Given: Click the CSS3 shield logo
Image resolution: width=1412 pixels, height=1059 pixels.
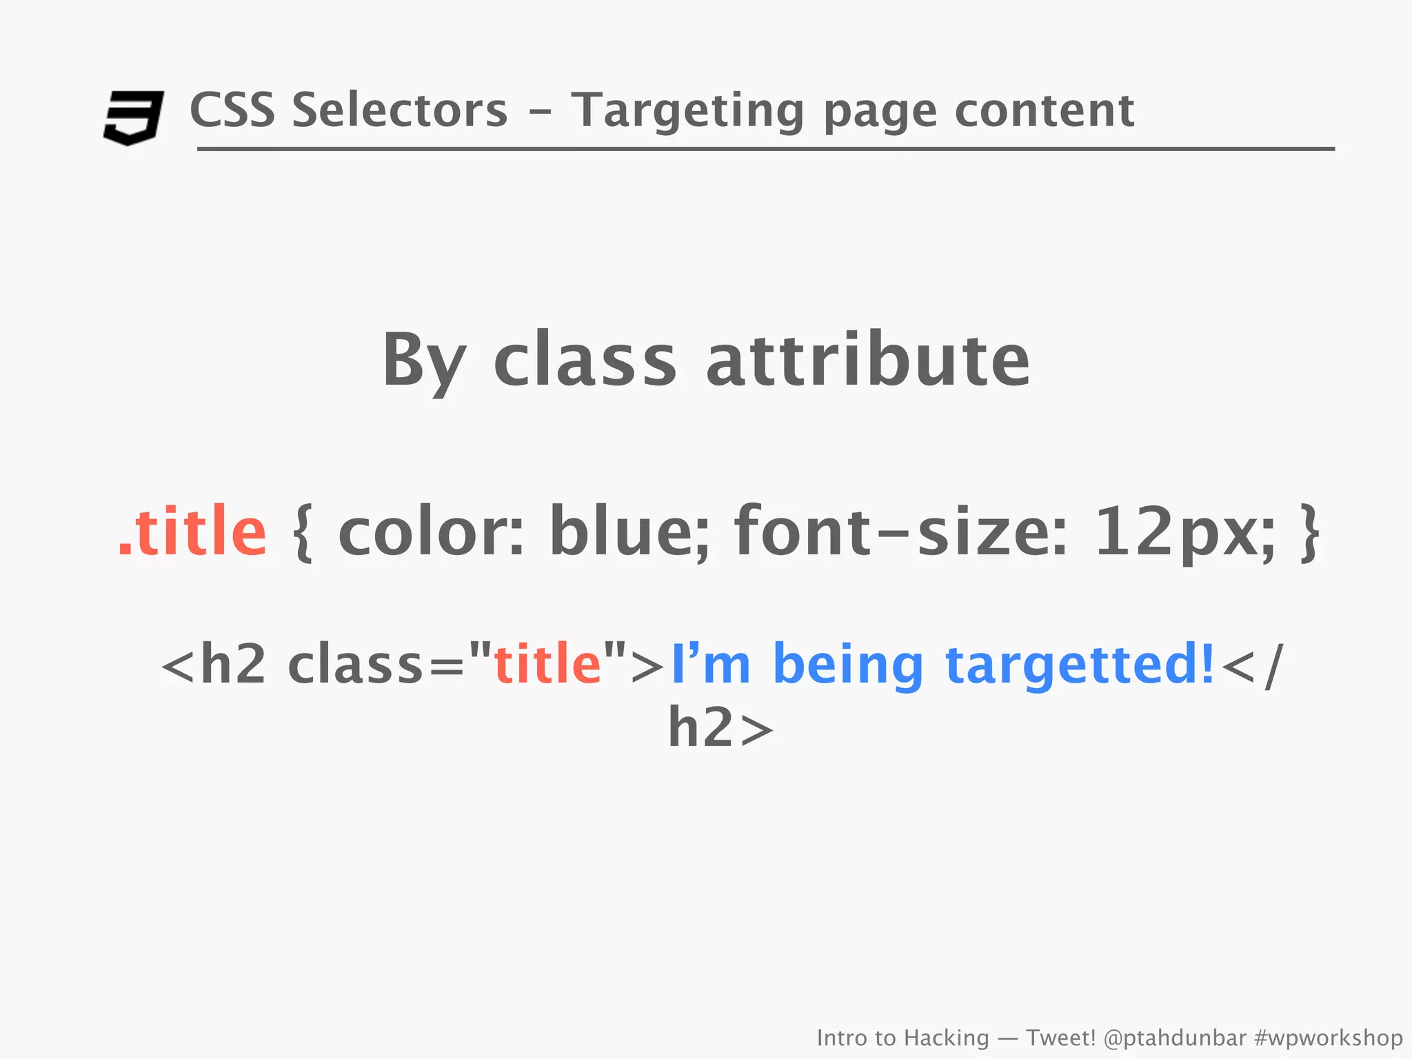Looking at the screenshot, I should (133, 117).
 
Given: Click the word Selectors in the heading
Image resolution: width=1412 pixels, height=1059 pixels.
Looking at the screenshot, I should (399, 110).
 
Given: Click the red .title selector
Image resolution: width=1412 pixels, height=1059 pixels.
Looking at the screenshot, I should (192, 531).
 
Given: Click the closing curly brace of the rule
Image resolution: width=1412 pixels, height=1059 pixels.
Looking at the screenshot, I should (1309, 533).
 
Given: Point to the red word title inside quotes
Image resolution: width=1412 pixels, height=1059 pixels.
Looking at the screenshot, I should (547, 664).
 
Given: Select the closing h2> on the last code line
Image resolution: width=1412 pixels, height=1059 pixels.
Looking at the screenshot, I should (720, 728).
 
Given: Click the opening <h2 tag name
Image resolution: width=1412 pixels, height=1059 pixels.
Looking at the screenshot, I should (214, 664).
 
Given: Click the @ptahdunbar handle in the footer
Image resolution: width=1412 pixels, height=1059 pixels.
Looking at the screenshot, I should (1175, 1038).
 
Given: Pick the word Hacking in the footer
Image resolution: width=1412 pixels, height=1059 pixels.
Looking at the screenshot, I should (946, 1038).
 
